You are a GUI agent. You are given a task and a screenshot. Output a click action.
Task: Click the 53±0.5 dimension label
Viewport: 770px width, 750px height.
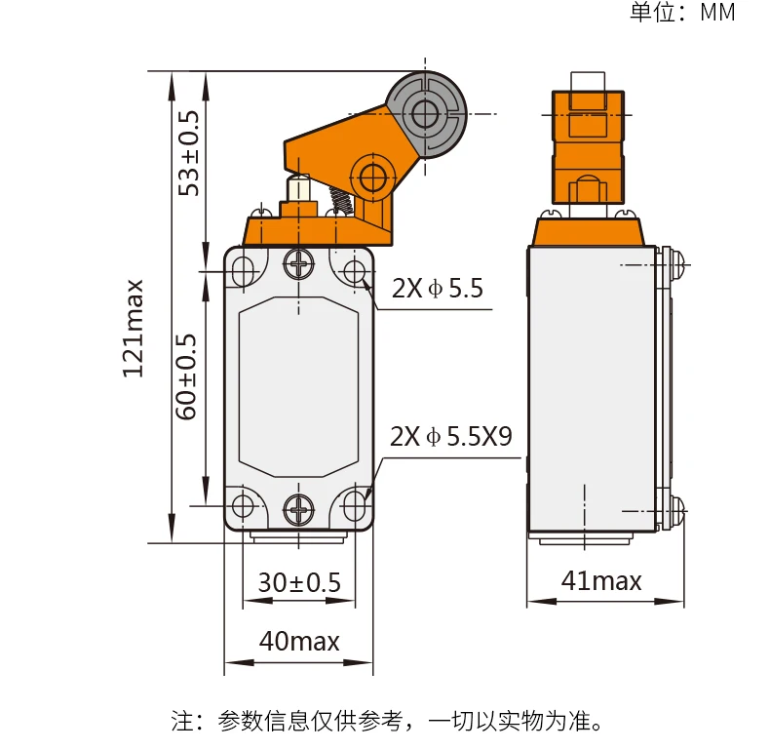point(189,152)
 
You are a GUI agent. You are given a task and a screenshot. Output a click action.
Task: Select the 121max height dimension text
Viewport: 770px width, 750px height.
point(134,328)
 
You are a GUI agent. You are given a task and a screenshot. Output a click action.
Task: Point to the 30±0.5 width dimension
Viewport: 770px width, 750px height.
point(299,583)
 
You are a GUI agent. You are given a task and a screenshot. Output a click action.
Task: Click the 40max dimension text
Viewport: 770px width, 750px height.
point(299,642)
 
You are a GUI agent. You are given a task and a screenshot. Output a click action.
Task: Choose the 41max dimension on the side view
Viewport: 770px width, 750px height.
point(601,581)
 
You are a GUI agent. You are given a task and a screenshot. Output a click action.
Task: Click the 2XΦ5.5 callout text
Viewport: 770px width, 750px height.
point(438,289)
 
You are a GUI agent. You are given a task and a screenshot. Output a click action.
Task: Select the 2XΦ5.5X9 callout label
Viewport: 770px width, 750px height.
point(450,436)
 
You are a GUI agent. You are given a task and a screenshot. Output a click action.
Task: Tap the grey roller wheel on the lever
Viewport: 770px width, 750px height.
point(426,114)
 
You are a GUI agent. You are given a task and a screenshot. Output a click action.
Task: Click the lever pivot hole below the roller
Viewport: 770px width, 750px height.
point(372,178)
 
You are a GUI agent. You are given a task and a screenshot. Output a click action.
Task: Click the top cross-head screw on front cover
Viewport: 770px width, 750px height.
point(298,263)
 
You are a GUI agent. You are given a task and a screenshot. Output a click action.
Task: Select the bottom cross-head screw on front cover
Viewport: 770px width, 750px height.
point(298,506)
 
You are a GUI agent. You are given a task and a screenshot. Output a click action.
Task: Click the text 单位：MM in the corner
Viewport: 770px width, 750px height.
point(682,13)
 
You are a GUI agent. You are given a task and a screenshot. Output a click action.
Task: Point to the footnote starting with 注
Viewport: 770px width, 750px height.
point(390,722)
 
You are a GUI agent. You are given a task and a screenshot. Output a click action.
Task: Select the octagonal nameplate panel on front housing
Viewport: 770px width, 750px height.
point(298,386)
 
